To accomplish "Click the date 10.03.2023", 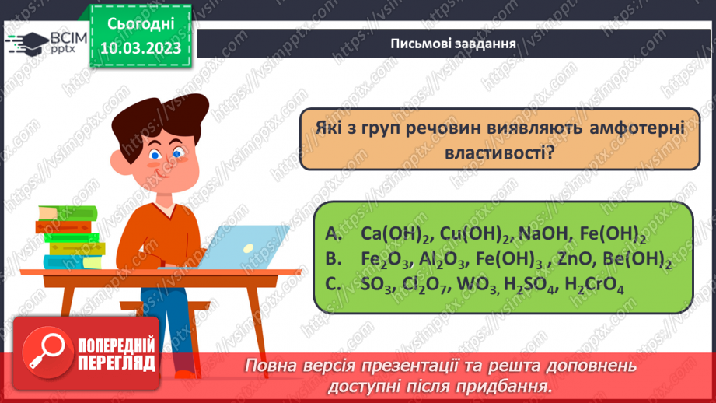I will pyautogui.click(x=141, y=48).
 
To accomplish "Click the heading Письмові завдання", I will pyautogui.click(x=454, y=43).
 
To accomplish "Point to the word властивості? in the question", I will pyautogui.click(x=499, y=153).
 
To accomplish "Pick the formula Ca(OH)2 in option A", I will pyautogui.click(x=396, y=233).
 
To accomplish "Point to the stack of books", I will pyautogui.click(x=68, y=237).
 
